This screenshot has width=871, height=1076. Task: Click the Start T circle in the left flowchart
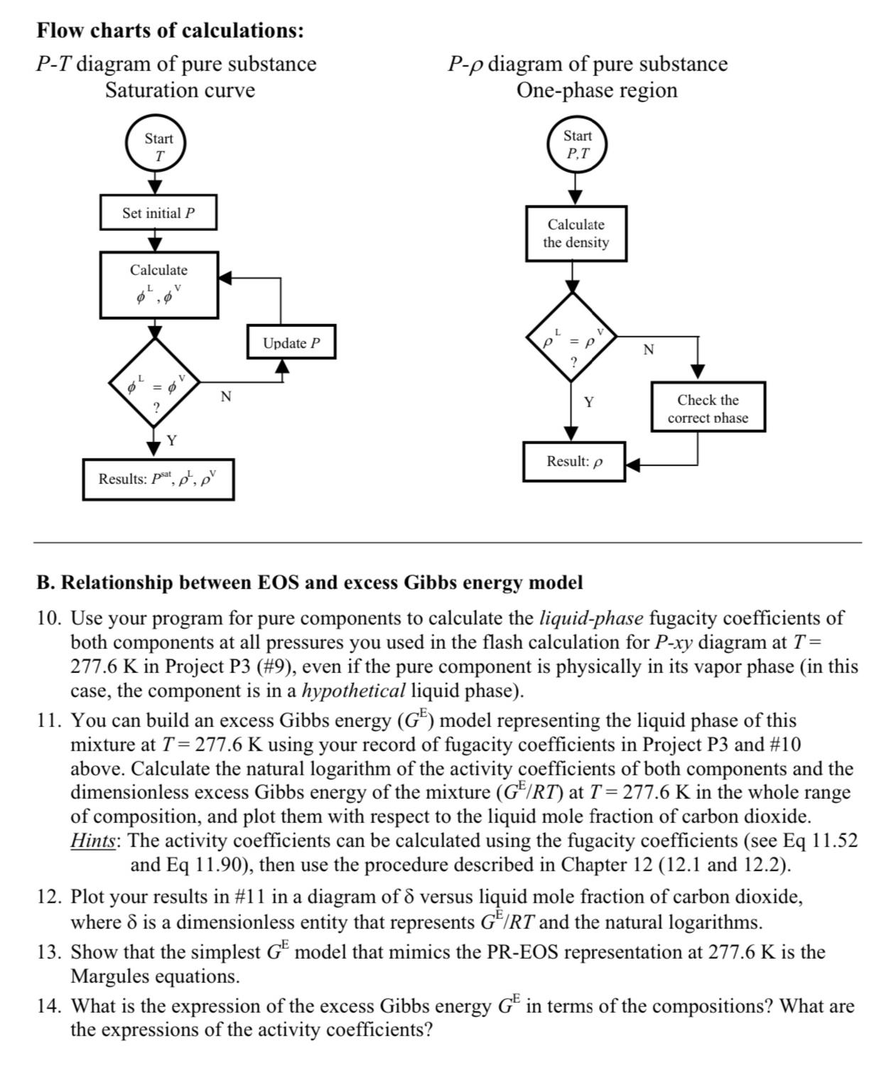tap(158, 146)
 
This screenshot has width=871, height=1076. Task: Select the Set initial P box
tap(158, 213)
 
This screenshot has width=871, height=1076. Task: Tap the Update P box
tap(291, 343)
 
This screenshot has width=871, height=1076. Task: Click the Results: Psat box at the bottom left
tap(158, 479)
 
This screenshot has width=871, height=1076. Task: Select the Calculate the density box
tap(576, 233)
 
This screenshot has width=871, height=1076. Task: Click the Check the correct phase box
tap(708, 409)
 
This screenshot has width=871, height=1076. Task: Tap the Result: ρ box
tap(574, 461)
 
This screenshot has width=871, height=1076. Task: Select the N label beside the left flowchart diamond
tap(225, 397)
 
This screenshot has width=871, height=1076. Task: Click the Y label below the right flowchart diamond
tap(589, 403)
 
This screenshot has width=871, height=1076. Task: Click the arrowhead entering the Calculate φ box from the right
tap(226, 278)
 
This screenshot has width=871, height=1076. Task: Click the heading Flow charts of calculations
tap(171, 31)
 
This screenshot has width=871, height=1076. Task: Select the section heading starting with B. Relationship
tap(309, 583)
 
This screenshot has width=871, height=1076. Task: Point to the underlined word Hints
tap(94, 841)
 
